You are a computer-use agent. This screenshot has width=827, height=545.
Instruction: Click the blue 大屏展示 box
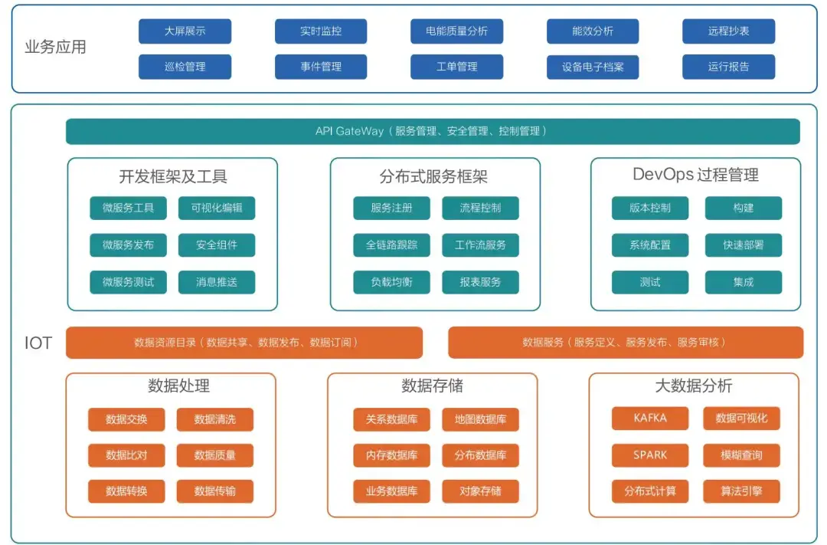[185, 31]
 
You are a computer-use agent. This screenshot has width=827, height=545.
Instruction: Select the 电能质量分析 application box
[456, 31]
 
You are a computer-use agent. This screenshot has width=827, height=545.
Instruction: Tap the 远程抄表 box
[728, 31]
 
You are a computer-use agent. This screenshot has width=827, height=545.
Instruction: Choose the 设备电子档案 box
[592, 67]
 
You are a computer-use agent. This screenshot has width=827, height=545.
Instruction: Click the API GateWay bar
[433, 131]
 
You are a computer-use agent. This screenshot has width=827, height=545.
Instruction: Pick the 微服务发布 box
[128, 245]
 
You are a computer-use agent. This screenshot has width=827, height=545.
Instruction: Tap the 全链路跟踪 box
[391, 245]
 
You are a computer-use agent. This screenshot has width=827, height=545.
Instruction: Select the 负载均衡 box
[391, 282]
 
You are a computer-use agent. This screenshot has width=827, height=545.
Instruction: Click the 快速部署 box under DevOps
[743, 245]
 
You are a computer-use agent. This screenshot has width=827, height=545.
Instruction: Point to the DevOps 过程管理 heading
[695, 175]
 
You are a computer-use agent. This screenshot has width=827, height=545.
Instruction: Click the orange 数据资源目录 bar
[244, 343]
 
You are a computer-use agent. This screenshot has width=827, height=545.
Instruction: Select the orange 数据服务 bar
[625, 343]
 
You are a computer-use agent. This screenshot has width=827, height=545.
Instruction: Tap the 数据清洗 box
[215, 419]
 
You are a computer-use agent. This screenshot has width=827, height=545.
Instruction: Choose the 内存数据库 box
[391, 455]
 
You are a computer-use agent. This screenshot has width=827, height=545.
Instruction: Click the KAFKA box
[650, 419]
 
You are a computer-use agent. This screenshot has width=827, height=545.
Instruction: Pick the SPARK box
[650, 455]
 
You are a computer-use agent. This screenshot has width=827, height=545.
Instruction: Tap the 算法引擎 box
[741, 491]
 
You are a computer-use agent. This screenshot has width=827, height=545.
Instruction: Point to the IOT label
[38, 343]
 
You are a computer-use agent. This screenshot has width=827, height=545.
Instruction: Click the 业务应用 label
[55, 48]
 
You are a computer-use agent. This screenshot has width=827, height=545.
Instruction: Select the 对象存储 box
[480, 491]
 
